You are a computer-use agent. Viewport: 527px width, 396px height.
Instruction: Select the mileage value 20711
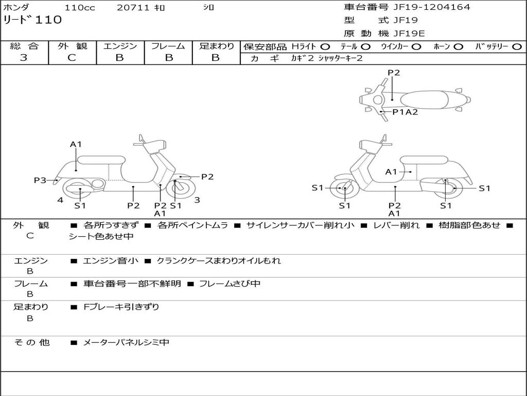click(x=133, y=8)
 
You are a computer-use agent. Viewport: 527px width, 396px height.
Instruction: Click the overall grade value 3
click(x=24, y=58)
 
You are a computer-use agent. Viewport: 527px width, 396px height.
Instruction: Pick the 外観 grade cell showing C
click(x=72, y=58)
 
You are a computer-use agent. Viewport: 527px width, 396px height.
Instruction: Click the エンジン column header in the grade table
click(x=120, y=46)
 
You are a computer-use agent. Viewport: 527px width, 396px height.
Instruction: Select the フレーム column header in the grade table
click(x=168, y=46)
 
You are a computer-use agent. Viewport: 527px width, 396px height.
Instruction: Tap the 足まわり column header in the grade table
click(x=217, y=46)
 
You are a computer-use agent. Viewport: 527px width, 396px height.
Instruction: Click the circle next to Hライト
click(x=325, y=46)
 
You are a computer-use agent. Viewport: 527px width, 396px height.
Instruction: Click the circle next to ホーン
click(x=459, y=46)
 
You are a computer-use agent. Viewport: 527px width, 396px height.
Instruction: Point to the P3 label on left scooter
click(x=40, y=180)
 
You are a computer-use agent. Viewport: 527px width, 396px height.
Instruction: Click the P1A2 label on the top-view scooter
click(x=405, y=112)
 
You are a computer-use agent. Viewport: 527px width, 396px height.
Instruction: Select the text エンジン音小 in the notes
click(x=111, y=261)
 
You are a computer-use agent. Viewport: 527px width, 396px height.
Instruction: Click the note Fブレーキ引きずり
click(x=121, y=307)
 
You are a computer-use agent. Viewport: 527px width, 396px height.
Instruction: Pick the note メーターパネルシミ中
click(x=126, y=342)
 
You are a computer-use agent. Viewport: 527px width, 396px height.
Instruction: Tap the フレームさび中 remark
click(x=230, y=284)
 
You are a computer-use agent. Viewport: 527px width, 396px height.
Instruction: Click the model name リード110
click(x=32, y=20)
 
